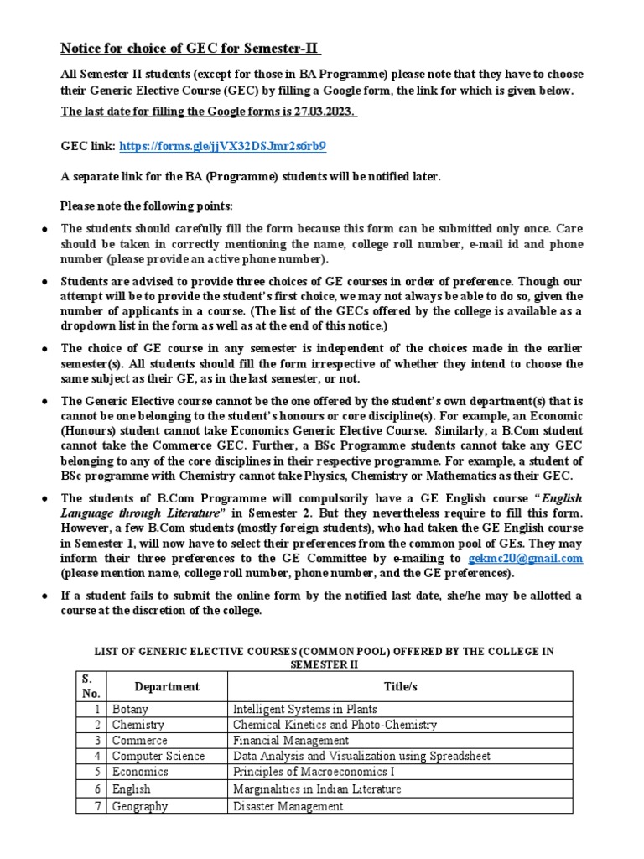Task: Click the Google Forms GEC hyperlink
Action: pyautogui.click(x=222, y=146)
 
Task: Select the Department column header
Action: pyautogui.click(x=167, y=687)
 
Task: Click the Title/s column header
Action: pyautogui.click(x=400, y=687)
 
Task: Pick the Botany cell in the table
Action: pyautogui.click(x=132, y=710)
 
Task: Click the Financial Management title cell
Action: pyautogui.click(x=290, y=741)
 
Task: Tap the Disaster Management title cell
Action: pyautogui.click(x=288, y=806)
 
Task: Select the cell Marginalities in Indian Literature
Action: pyautogui.click(x=317, y=789)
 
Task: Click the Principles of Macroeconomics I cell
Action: pyautogui.click(x=314, y=773)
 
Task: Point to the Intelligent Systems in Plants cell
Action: pyautogui.click(x=304, y=710)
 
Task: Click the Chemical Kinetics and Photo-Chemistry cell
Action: pyautogui.click(x=335, y=725)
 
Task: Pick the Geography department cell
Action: pyautogui.click(x=140, y=806)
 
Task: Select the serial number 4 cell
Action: pyautogui.click(x=97, y=757)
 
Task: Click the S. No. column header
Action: pyautogui.click(x=90, y=687)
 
